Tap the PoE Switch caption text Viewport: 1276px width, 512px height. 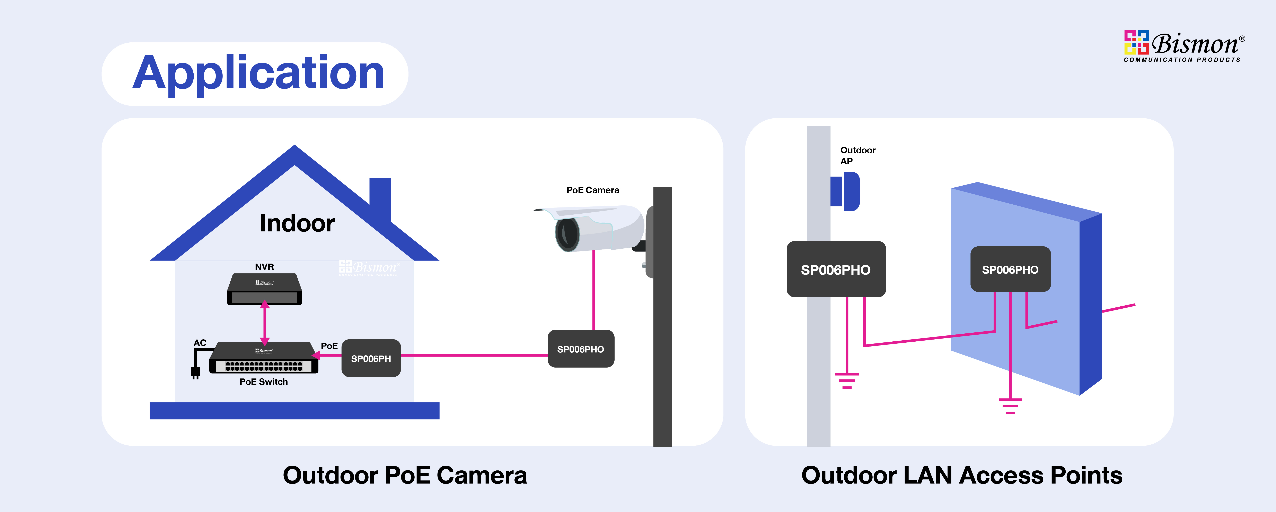click(x=264, y=382)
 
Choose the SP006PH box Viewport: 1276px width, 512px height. click(x=371, y=358)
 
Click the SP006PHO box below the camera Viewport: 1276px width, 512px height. click(x=581, y=349)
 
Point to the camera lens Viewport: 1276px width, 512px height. click(x=567, y=234)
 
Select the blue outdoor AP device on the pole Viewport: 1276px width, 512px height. click(x=846, y=191)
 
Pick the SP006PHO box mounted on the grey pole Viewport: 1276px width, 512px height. click(x=836, y=270)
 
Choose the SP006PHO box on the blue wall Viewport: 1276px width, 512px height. click(x=1010, y=270)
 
